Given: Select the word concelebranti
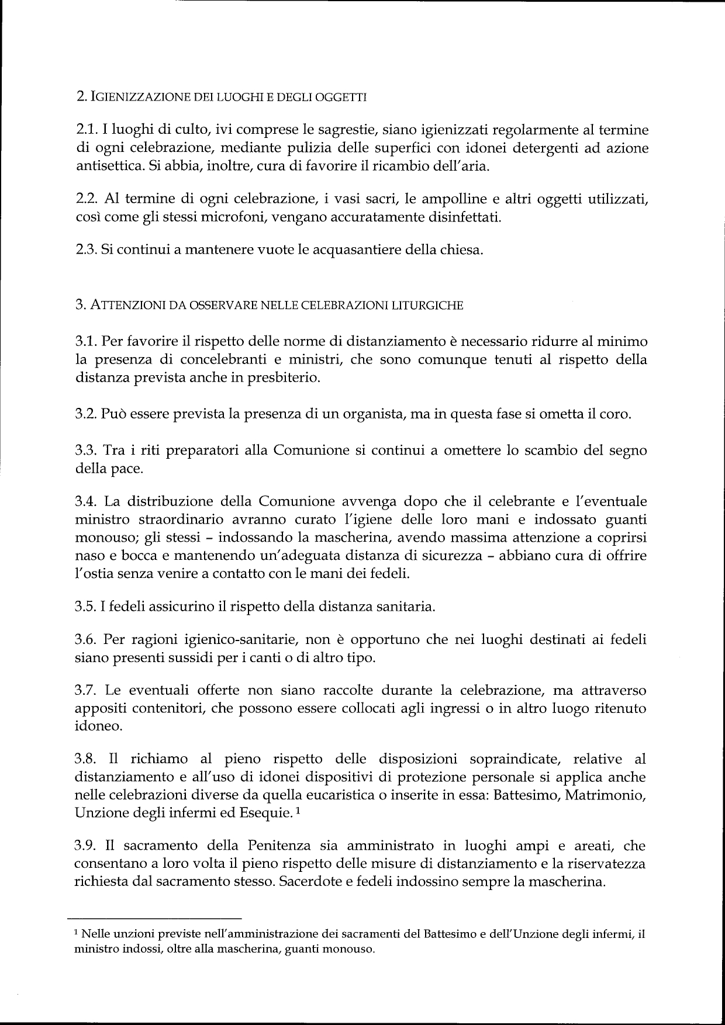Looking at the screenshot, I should click(219, 359).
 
